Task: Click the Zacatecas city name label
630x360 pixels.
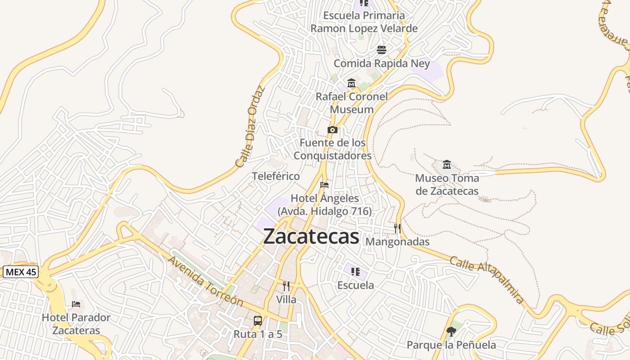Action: [311, 236]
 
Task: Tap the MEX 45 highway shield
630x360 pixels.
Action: [21, 272]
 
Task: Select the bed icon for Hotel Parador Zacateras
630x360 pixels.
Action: [76, 304]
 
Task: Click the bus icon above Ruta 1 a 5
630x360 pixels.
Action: [258, 320]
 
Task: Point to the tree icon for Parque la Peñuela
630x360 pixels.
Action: [451, 332]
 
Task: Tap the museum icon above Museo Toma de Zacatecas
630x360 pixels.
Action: [447, 164]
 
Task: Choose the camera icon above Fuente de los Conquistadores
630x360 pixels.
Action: [333, 130]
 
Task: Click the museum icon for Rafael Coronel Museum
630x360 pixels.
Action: [351, 83]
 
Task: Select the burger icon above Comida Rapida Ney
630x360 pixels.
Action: [382, 49]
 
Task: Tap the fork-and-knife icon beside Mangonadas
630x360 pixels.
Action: [397, 229]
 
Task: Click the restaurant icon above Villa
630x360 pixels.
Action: [286, 286]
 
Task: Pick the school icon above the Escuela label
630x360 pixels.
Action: [355, 271]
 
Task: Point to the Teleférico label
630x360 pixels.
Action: [276, 176]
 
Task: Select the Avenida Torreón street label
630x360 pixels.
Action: [205, 282]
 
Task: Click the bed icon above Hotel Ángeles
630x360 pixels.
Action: [324, 185]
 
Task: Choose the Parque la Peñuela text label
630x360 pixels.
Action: [451, 345]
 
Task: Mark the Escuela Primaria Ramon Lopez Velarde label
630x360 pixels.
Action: [364, 22]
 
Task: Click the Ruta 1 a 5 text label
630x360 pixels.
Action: [258, 334]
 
